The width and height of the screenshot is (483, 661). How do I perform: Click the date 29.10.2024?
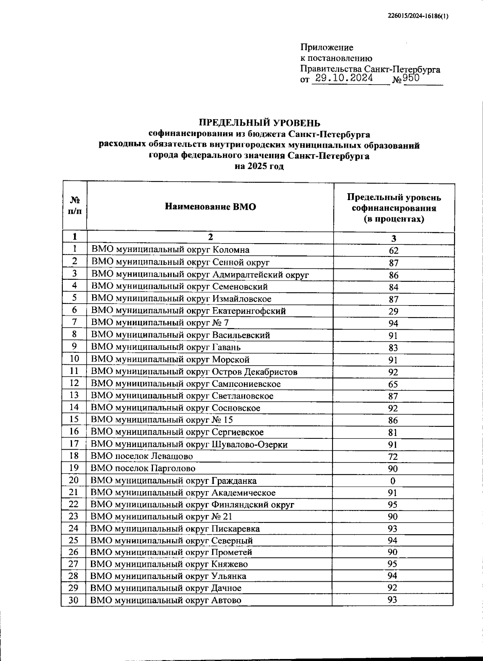point(344,78)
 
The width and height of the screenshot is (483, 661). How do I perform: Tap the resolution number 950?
point(411,78)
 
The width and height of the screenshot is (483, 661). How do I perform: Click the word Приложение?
point(327,48)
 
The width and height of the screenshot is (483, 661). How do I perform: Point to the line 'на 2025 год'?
point(259,166)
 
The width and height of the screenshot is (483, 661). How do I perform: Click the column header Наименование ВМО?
point(210,207)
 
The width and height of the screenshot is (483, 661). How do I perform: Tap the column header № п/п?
point(75,206)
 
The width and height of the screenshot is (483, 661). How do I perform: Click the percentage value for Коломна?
point(393,250)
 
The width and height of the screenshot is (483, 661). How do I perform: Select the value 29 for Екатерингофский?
point(393,311)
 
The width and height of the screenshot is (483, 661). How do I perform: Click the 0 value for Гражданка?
point(393,481)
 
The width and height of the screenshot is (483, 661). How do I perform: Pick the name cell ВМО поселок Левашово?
point(142,456)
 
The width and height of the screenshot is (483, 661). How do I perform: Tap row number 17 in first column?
point(74,444)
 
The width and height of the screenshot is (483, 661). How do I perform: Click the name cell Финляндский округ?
point(192,504)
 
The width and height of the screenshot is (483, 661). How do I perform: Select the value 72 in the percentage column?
point(393,457)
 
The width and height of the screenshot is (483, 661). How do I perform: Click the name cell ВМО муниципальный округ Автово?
point(166,600)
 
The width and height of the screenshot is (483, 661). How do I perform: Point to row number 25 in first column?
point(74,540)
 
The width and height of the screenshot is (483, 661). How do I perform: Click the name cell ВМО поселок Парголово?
point(143,468)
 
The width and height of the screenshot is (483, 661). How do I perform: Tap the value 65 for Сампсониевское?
point(393,384)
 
